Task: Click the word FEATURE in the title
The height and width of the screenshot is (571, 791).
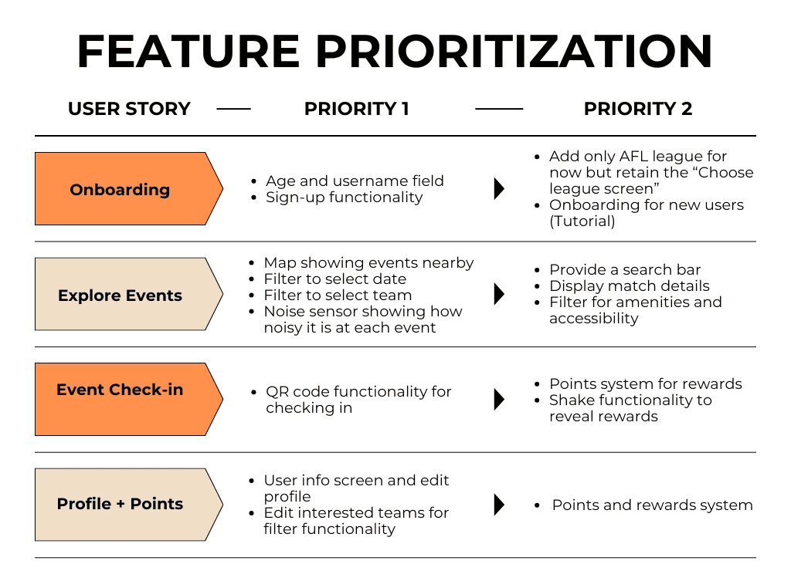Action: pos(188,52)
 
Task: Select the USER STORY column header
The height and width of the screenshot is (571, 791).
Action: pos(129,109)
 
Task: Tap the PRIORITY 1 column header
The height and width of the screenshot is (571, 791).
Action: pos(357,109)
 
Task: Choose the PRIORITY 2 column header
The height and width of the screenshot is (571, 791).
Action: pos(638,109)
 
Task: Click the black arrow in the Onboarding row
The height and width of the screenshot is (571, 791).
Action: pos(499,189)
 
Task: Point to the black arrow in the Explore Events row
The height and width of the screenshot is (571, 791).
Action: pos(499,294)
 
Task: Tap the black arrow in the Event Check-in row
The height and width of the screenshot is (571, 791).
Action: pos(499,399)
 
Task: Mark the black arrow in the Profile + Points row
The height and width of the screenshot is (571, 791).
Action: pos(499,505)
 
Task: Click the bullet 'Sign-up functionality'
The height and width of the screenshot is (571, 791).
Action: pos(345,198)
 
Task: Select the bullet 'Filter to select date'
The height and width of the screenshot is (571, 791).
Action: pos(334,279)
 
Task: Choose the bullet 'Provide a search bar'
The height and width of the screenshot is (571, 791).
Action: pos(625,269)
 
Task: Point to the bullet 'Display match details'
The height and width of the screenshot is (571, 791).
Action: pos(629,285)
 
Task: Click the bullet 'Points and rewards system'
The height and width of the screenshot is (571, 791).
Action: pos(652,505)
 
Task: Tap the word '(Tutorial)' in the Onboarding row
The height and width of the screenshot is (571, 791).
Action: pos(582,221)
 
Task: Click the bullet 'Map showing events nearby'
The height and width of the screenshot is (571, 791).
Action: pos(368,262)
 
